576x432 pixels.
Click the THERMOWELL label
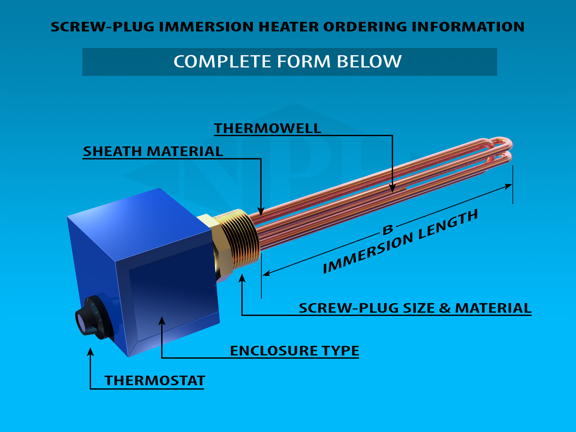267,128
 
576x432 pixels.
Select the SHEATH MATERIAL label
153,151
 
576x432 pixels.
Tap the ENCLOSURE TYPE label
294,351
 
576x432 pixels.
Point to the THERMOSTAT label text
155,381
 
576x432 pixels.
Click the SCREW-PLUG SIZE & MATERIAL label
415,308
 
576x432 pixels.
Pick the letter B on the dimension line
388,230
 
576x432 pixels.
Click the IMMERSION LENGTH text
400,242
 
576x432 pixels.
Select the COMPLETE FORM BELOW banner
288,62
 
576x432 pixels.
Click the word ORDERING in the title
365,27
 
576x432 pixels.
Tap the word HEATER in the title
288,27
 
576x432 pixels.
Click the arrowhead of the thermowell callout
392,189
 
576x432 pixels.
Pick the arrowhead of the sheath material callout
261,212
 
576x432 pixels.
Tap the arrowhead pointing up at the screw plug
242,278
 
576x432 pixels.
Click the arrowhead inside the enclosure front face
162,321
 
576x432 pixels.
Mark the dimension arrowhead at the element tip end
508,186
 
